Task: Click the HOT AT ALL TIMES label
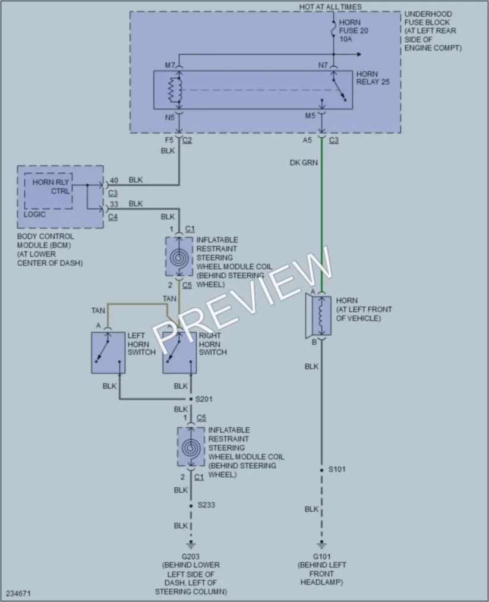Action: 330,7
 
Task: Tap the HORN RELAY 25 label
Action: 373,78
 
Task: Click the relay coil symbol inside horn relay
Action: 175,90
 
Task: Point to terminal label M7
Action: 170,65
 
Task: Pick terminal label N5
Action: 170,118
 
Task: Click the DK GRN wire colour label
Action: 304,163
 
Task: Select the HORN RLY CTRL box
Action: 48,191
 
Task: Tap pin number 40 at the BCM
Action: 114,180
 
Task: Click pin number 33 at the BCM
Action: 114,204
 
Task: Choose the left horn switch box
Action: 108,353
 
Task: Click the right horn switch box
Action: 179,353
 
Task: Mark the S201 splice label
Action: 204,399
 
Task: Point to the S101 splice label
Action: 337,469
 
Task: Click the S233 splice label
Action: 206,505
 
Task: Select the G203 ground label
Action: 191,556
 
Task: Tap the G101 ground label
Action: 321,556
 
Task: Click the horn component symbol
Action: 318,316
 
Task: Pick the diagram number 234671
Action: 18,593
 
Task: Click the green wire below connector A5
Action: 321,215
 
